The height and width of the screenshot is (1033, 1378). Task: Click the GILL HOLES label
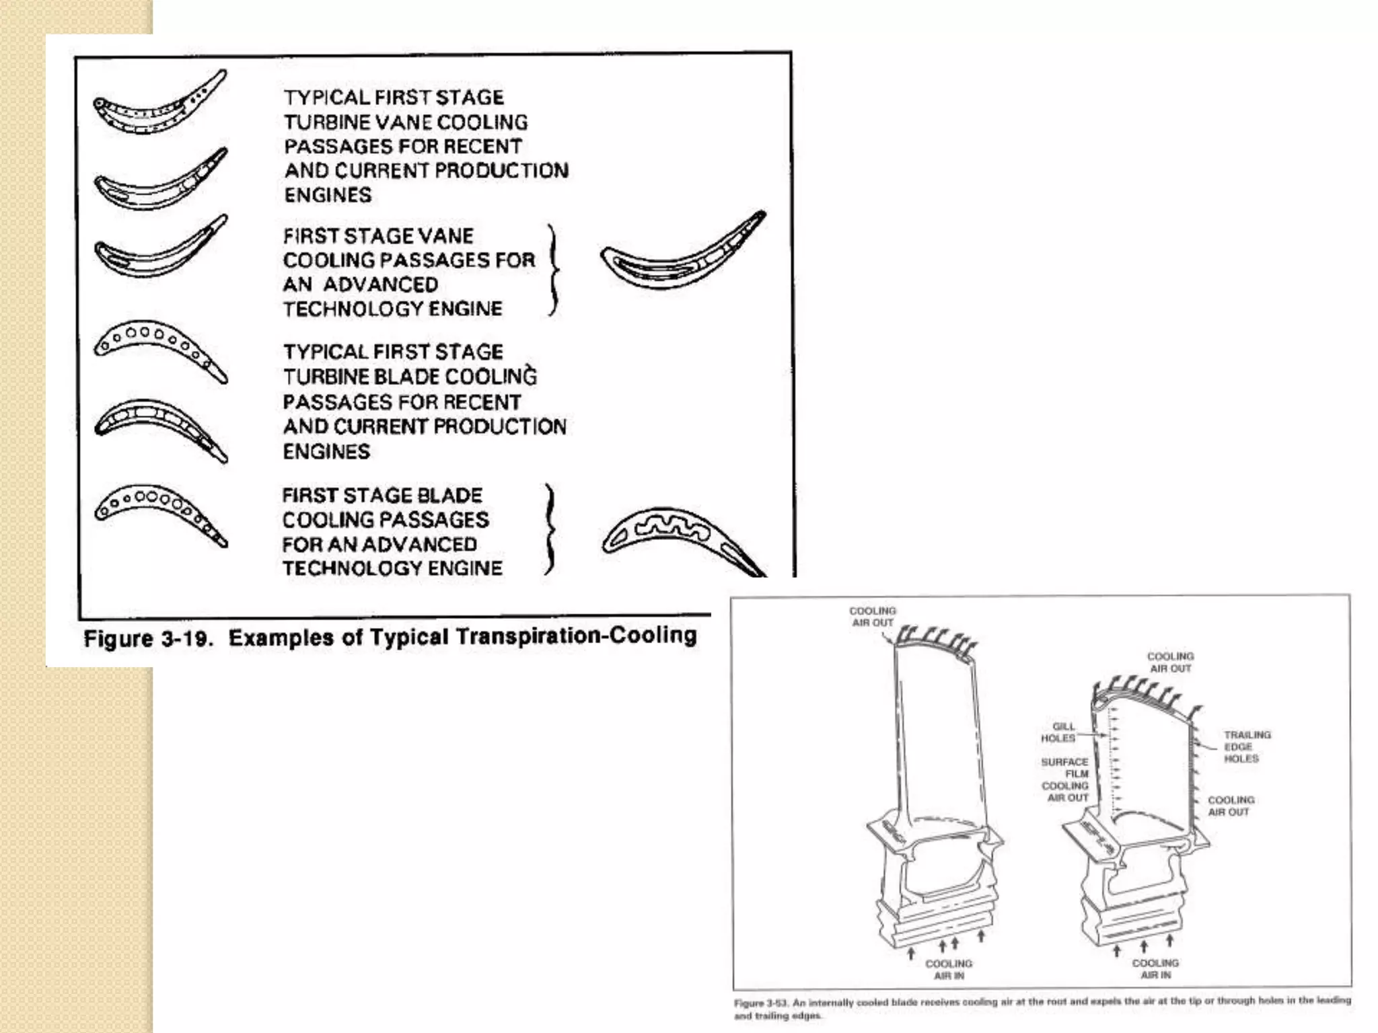coord(1060,732)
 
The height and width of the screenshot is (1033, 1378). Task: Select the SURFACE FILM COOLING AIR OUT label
coord(1065,779)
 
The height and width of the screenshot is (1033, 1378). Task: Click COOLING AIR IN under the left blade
coord(949,969)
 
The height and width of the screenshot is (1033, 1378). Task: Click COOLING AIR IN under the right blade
coord(1155,968)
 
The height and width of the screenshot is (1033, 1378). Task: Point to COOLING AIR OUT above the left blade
coord(873,617)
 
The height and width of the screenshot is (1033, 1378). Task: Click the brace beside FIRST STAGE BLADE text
coord(550,530)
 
